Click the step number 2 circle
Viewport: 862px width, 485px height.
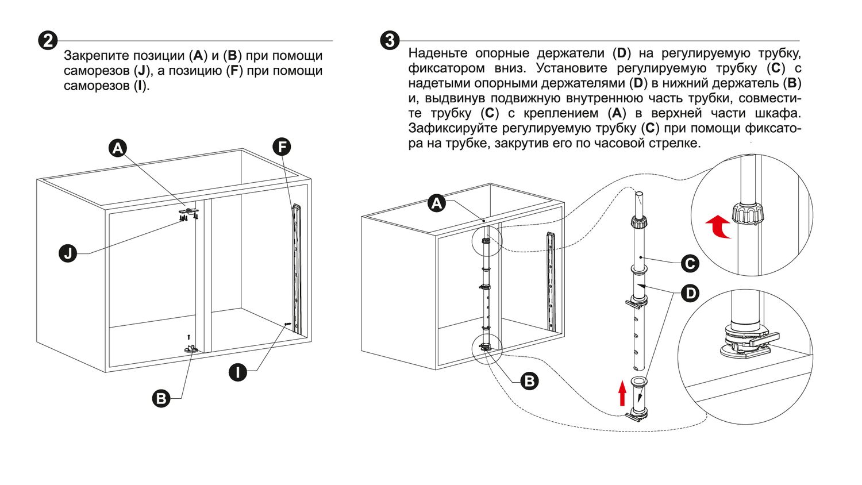(x=48, y=41)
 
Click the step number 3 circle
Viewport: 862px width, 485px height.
(x=390, y=41)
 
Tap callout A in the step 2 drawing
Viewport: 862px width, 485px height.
(x=118, y=148)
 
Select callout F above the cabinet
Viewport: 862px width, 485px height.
(x=282, y=147)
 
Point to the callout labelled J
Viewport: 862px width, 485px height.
(x=68, y=253)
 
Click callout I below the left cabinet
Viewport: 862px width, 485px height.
(x=238, y=372)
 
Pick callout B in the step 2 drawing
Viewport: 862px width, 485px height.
(x=161, y=398)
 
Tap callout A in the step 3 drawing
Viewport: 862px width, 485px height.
(x=437, y=203)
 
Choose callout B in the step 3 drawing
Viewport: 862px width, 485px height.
(x=529, y=380)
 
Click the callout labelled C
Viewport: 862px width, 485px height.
(x=690, y=264)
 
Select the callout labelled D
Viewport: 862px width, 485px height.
(x=690, y=294)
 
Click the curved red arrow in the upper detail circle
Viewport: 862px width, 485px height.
(x=718, y=226)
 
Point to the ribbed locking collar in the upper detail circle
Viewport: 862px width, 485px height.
(x=749, y=213)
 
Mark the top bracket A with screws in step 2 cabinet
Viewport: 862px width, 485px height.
(x=190, y=212)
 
